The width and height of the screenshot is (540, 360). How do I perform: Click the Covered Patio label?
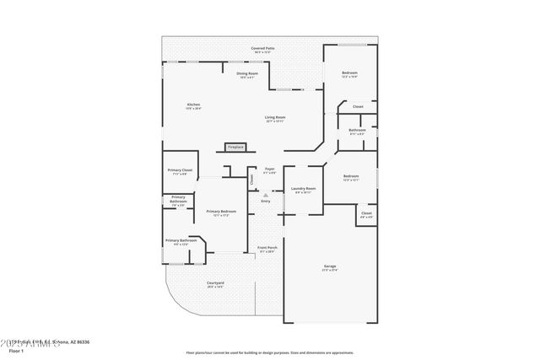pos(262,50)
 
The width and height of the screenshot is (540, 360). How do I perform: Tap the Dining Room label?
pos(247,75)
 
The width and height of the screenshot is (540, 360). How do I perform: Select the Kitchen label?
pos(193,106)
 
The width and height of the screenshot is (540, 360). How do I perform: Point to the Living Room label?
pos(275,118)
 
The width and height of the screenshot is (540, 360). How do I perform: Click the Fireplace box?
pos(235,147)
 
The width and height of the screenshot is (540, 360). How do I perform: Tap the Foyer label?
pos(270,170)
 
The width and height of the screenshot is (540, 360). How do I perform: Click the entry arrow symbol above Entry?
pos(265,195)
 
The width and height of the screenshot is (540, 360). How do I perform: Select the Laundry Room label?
pos(303,190)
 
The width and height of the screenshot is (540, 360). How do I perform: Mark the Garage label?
pos(329,268)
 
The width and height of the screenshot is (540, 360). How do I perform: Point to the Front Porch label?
pos(267,249)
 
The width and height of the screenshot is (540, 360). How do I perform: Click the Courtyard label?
pos(215,284)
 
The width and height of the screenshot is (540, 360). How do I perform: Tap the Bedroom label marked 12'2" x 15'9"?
pos(349,74)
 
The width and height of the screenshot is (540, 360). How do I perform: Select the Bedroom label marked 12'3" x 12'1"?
pos(351,178)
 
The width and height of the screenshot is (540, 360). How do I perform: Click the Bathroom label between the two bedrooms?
pos(356,132)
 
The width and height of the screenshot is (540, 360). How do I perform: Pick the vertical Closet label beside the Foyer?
pos(251,179)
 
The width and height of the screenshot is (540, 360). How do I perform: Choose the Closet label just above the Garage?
pos(366,214)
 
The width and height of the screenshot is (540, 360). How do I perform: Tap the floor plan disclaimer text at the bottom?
pos(270,352)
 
